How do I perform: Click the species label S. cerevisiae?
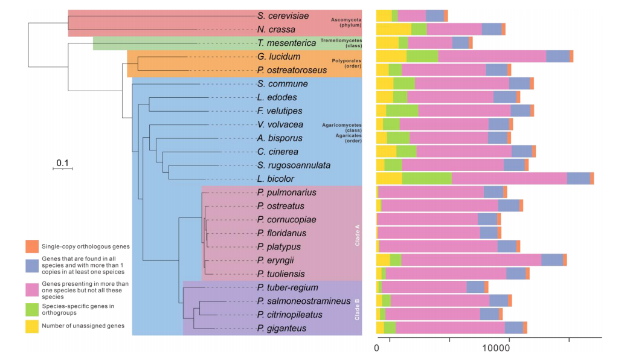click(x=283, y=16)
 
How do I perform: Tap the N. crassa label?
click(x=276, y=29)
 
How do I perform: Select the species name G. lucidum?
click(x=278, y=56)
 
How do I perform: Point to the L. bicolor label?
click(x=275, y=179)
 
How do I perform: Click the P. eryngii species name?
click(x=275, y=260)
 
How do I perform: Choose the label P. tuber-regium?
click(x=287, y=288)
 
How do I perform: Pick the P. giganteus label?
click(x=281, y=328)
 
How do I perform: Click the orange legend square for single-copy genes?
click(x=32, y=246)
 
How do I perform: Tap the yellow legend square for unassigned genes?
click(x=32, y=326)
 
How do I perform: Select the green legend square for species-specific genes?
click(x=32, y=309)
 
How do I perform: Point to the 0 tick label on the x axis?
click(x=377, y=349)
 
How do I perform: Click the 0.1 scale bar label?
click(x=62, y=163)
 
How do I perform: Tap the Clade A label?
click(x=357, y=231)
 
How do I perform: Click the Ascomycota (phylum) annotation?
click(x=346, y=23)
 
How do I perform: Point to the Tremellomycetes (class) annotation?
click(x=340, y=43)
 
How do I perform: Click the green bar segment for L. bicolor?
click(x=426, y=178)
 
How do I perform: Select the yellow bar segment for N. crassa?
click(x=394, y=29)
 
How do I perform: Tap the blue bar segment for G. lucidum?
click(x=558, y=56)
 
